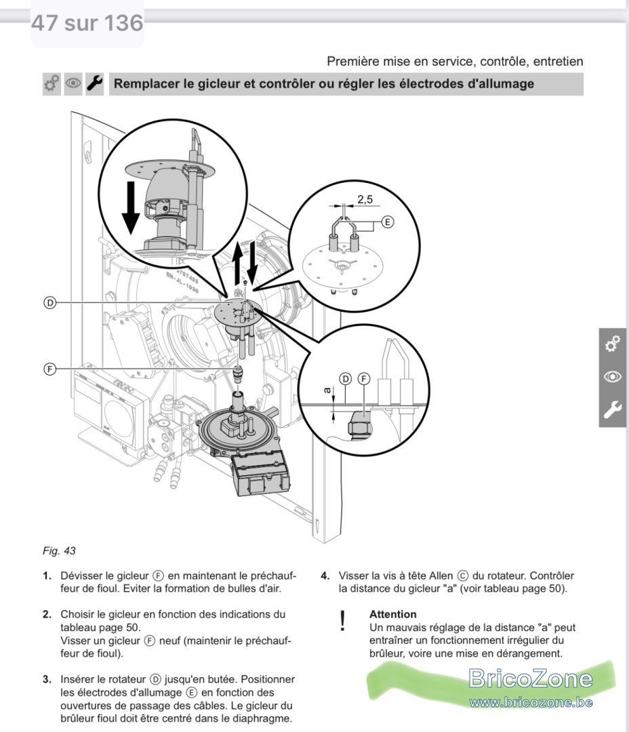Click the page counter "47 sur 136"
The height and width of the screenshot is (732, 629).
coord(87,23)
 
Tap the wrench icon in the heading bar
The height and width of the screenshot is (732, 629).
coord(95,83)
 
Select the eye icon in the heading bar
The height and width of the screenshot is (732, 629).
coord(73,83)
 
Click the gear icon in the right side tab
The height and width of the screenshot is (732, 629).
coord(613,344)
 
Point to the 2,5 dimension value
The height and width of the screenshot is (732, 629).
coord(365,199)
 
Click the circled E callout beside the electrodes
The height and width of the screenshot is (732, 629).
coord(388,222)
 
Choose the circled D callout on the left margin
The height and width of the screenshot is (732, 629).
coord(49,302)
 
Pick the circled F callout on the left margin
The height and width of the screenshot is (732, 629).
coord(49,369)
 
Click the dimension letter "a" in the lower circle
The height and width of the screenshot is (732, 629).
coord(328,390)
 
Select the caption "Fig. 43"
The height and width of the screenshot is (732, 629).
coord(59,551)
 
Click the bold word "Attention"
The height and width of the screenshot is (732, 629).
coord(392,614)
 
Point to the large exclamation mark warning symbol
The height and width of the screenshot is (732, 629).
coord(343,621)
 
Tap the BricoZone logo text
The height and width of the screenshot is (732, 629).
coord(531,678)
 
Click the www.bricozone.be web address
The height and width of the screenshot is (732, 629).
coord(531,702)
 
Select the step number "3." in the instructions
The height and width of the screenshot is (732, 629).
coord(47,679)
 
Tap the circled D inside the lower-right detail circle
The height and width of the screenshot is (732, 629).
coord(346,379)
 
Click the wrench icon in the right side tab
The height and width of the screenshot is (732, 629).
coord(613,409)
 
